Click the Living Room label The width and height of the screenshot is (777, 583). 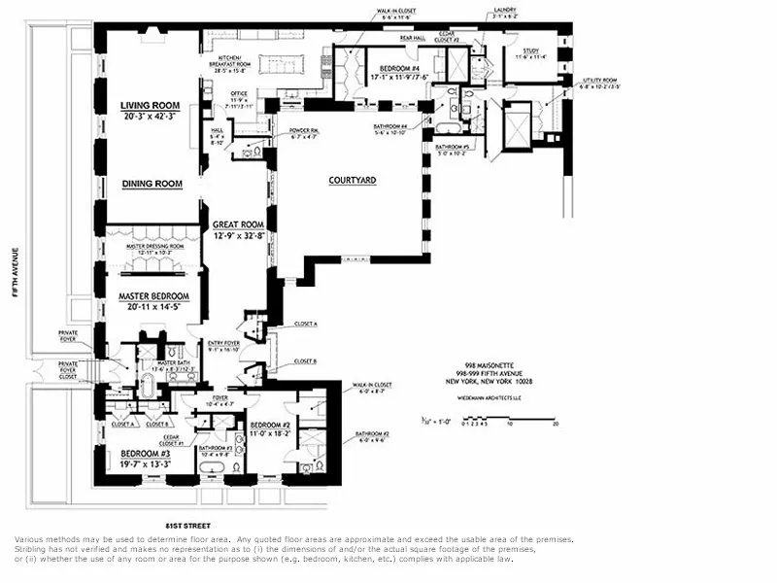[x=152, y=106]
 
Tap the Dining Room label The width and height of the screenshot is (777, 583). [x=152, y=184]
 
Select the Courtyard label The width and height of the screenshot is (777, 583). [x=352, y=181]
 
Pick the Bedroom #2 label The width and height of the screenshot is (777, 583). [x=271, y=426]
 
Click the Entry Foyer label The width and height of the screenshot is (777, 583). [x=224, y=343]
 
